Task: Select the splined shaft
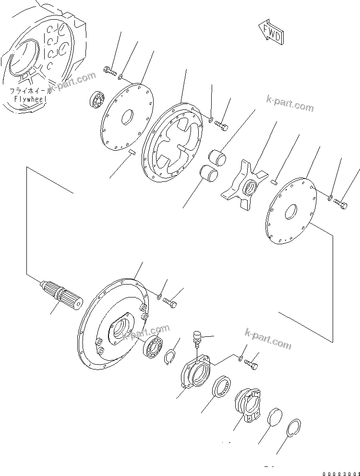64,297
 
